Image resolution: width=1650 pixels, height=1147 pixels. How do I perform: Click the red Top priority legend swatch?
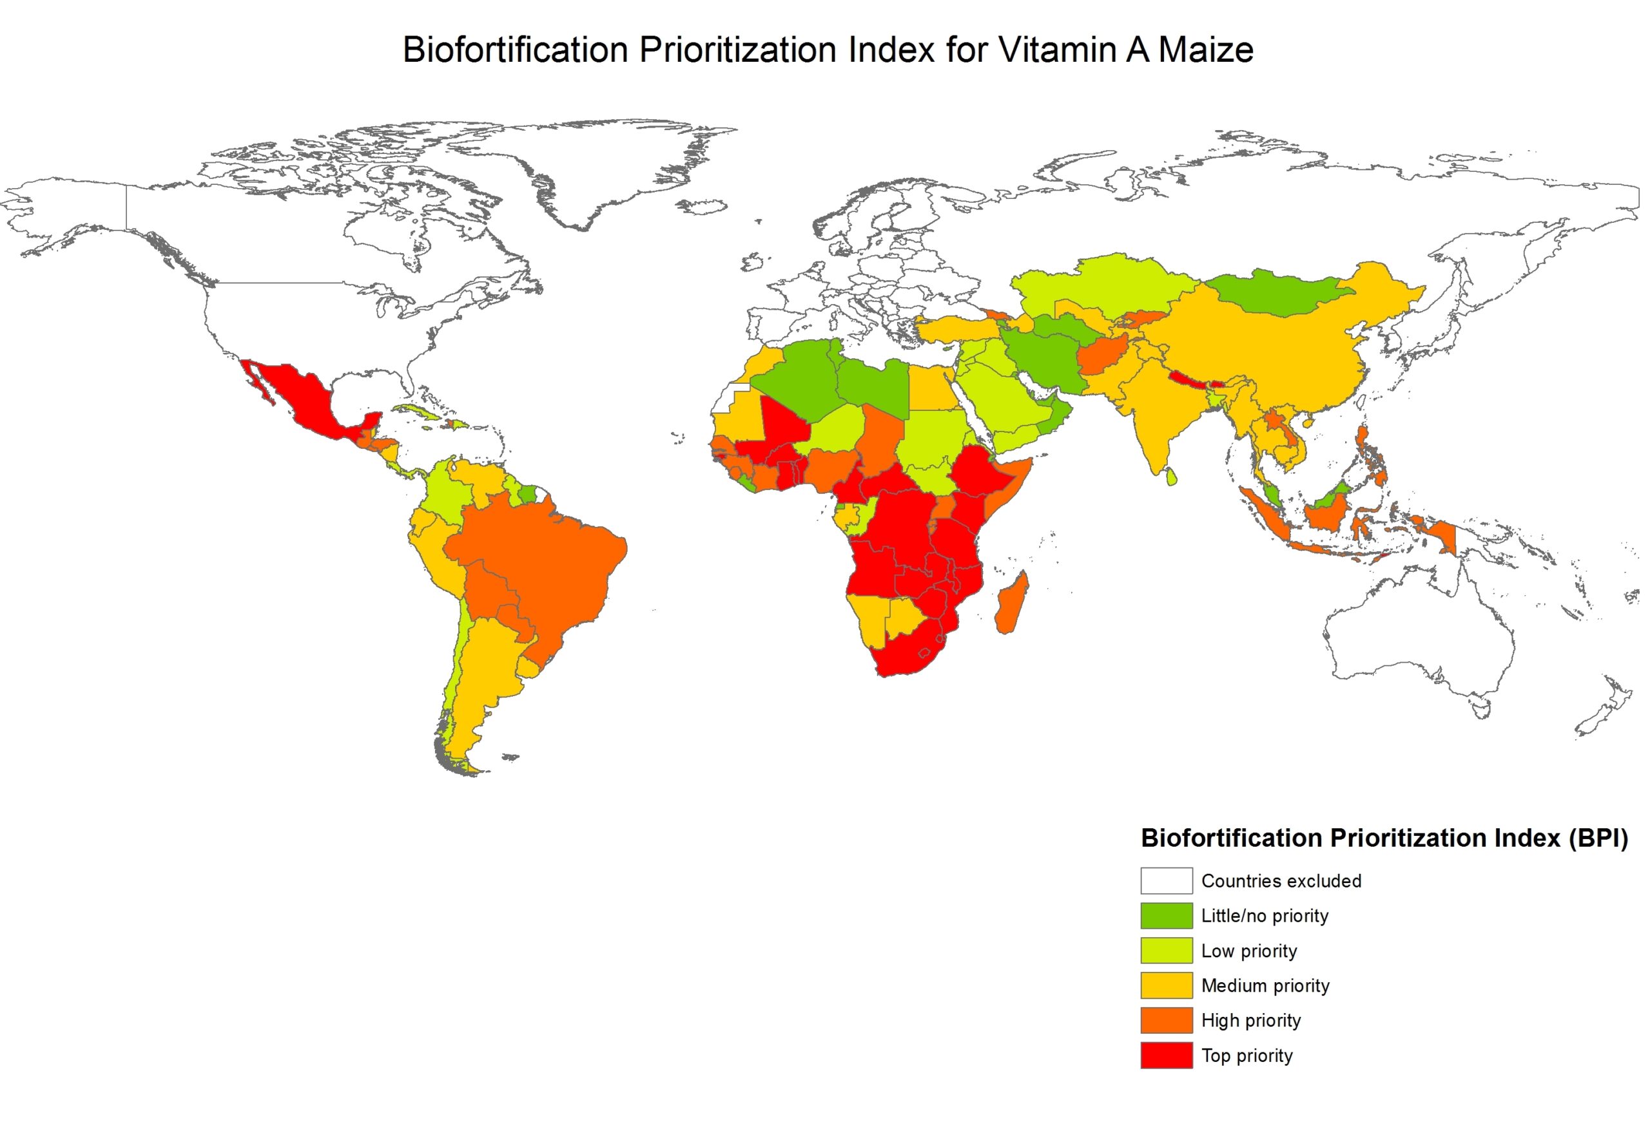(1166, 1055)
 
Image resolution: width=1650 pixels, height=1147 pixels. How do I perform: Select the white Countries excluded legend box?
(1166, 880)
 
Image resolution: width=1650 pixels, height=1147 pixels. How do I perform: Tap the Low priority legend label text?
(1249, 951)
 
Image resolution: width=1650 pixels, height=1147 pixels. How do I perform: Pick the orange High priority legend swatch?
(1166, 1020)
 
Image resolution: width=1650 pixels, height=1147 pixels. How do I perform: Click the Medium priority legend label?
(1265, 985)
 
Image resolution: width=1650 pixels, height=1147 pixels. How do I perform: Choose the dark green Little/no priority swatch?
(1166, 916)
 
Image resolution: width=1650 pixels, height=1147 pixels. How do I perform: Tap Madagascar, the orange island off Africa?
(1012, 603)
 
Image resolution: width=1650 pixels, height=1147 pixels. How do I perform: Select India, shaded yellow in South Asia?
(1150, 410)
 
